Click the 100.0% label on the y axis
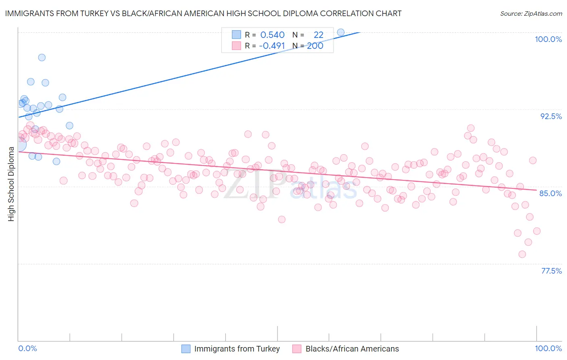coord(548,39)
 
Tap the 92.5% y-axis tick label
coord(551,116)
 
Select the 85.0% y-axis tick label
coord(550,193)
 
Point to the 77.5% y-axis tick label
coord(551,271)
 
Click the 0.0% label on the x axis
coord(27,348)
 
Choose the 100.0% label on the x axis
coord(548,348)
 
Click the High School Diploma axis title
coord(11,184)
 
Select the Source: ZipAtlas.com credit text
coord(531,14)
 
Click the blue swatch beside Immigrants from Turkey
coord(186,349)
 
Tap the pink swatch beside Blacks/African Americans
coord(297,349)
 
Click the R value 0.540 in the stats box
coord(272,35)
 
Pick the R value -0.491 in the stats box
coord(272,46)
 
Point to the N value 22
coord(319,35)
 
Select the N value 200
coord(315,46)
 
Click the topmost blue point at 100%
coord(341,32)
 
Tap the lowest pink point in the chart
coord(522,254)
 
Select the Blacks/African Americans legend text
coord(352,349)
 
